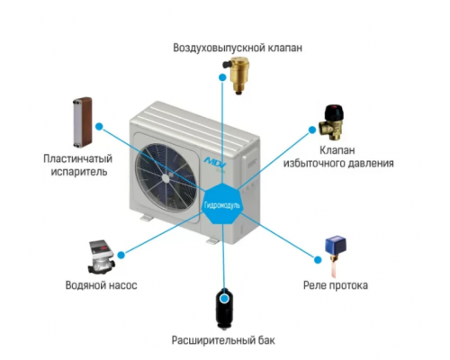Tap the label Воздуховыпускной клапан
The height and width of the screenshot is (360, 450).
238,48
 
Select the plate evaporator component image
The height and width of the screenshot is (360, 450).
83,122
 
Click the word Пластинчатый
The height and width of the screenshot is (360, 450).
77,158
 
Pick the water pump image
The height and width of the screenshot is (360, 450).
101,257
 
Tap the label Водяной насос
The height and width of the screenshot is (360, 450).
102,285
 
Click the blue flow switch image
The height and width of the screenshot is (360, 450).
336,256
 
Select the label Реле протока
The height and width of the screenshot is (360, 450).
336,285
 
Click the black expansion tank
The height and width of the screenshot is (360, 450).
223,309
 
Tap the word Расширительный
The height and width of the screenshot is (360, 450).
213,340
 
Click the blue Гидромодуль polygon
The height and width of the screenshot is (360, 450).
222,204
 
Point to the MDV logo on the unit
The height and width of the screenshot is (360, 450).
215,160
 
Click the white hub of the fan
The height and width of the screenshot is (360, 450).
166,177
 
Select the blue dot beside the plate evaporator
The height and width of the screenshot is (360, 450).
99,127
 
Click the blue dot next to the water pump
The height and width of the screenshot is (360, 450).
121,256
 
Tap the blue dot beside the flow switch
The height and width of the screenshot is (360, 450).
318,260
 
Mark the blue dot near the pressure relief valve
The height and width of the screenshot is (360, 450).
312,130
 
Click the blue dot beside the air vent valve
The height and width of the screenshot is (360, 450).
222,77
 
